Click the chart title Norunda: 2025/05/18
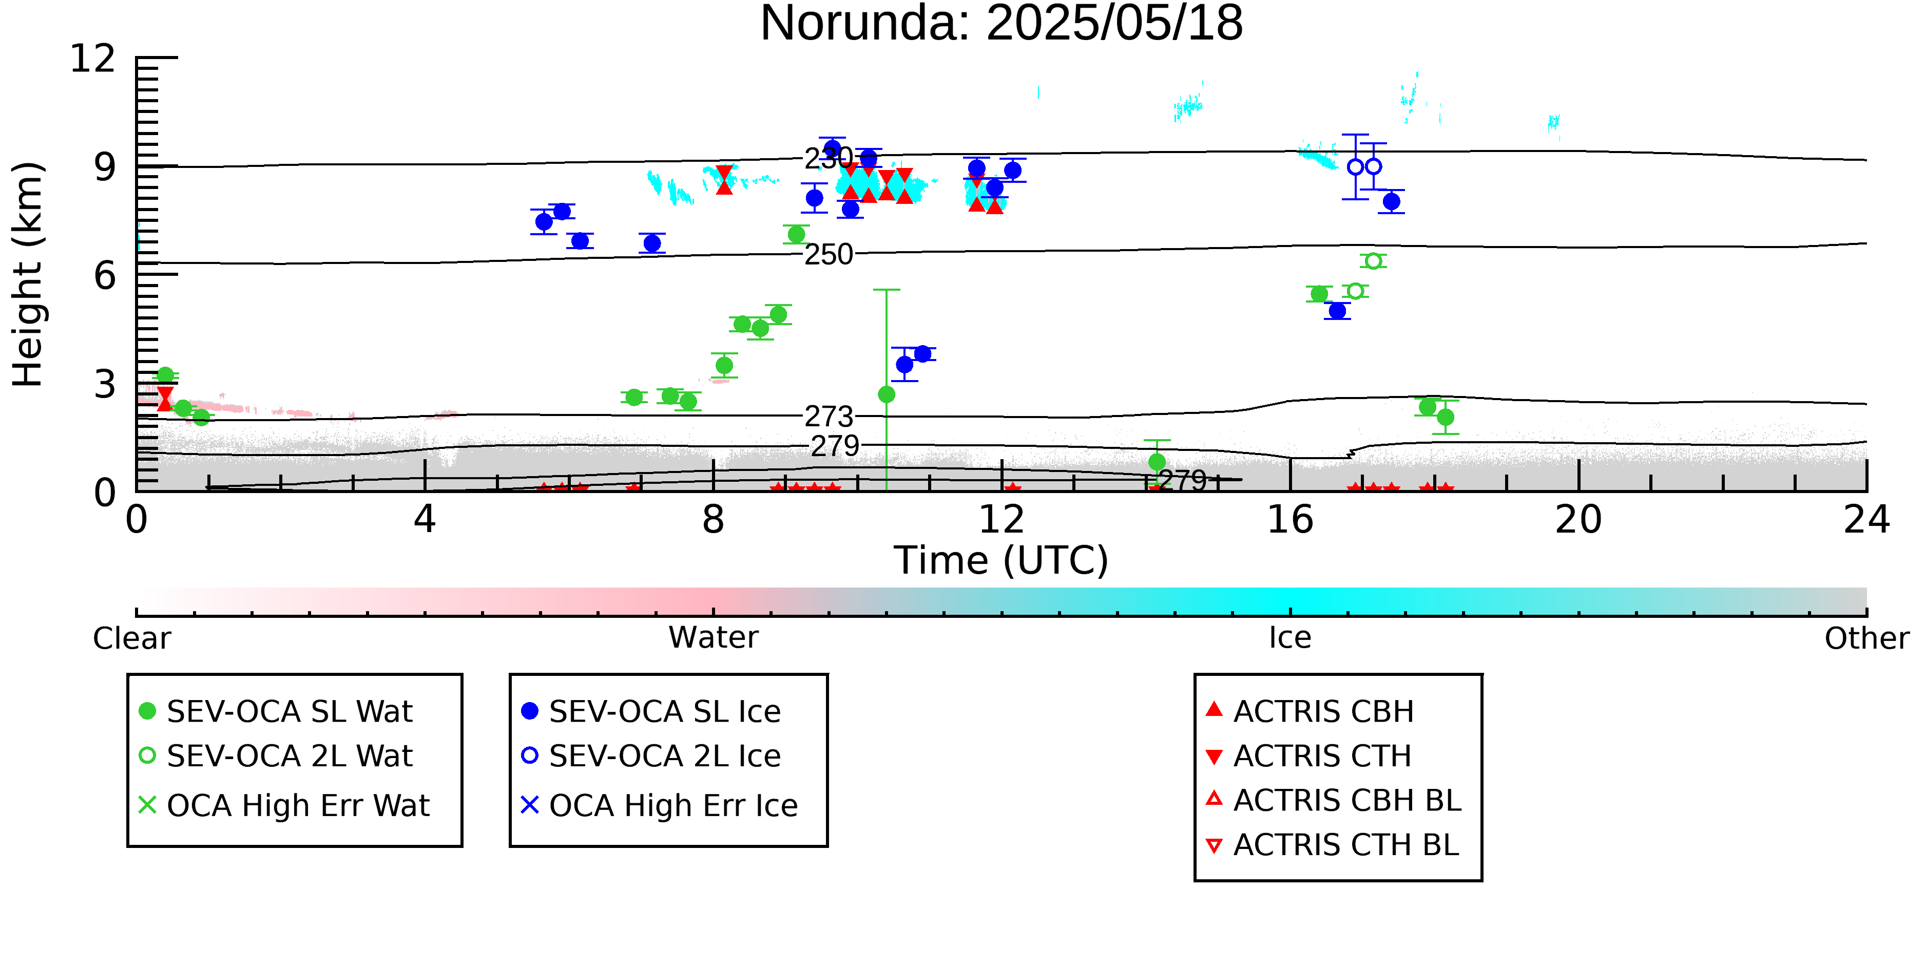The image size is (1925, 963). click(x=1002, y=24)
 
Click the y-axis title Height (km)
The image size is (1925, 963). click(x=28, y=274)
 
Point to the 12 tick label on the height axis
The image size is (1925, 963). click(x=93, y=59)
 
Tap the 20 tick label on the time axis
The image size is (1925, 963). click(x=1578, y=520)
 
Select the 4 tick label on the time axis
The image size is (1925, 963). click(x=425, y=520)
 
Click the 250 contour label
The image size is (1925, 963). click(x=829, y=255)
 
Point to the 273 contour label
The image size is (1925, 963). click(x=829, y=417)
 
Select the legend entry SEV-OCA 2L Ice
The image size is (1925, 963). click(x=651, y=757)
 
